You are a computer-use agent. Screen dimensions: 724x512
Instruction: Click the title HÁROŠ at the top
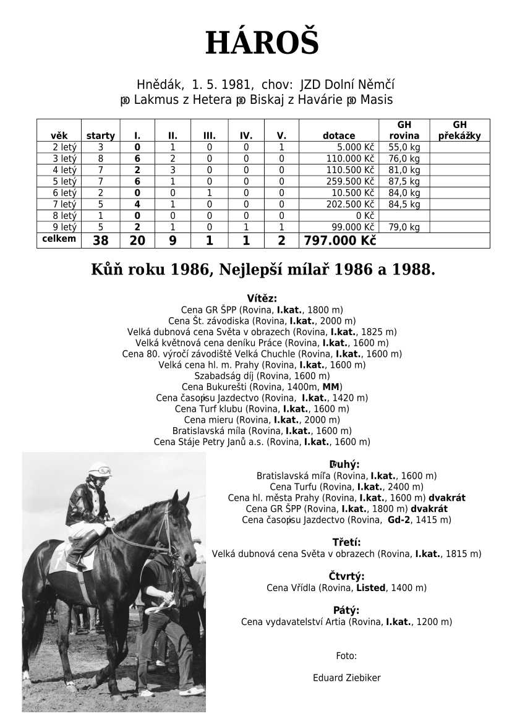tap(262, 43)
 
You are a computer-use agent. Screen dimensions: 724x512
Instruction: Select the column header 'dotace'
tap(338, 136)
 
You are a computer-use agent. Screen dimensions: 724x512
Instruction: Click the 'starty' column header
tap(100, 136)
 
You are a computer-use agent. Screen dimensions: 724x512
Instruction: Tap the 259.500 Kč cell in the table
tap(350, 181)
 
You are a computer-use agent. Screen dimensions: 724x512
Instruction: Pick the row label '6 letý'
tap(64, 193)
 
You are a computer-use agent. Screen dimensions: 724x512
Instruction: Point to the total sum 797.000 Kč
tap(339, 241)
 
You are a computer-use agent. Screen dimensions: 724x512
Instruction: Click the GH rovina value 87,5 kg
tap(404, 181)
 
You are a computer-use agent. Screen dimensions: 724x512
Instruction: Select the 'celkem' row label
tap(59, 239)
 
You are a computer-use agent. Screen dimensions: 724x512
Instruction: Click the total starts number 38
tap(100, 241)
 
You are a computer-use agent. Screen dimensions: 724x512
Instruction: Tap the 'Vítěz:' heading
tap(262, 298)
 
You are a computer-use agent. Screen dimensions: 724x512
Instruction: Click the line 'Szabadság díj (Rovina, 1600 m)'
tap(262, 376)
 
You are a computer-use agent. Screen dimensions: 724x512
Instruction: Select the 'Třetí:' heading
tap(346, 542)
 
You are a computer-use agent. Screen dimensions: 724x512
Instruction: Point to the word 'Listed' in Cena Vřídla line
tap(370, 588)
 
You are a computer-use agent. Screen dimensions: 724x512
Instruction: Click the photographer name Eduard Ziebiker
tap(346, 678)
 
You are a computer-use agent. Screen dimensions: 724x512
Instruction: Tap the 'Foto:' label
tap(346, 656)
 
